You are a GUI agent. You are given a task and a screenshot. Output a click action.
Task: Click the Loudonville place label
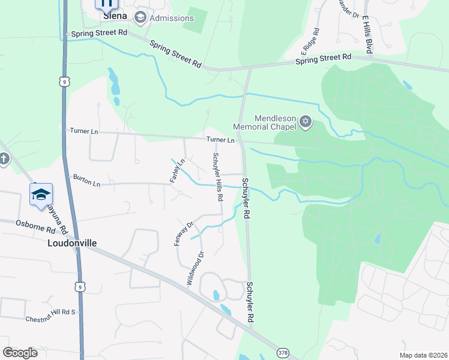click(72, 243)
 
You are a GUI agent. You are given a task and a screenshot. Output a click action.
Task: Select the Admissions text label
click(172, 18)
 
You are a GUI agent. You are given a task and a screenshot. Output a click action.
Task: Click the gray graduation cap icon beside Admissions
click(141, 17)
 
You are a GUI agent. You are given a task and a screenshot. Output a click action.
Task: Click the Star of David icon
click(306, 122)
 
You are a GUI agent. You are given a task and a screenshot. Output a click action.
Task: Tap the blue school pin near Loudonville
click(41, 195)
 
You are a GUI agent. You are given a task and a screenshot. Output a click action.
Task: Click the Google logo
click(20, 353)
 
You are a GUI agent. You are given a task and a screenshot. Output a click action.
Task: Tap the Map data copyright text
click(423, 355)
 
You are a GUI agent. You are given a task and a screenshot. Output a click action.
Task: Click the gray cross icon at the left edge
click(4, 159)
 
